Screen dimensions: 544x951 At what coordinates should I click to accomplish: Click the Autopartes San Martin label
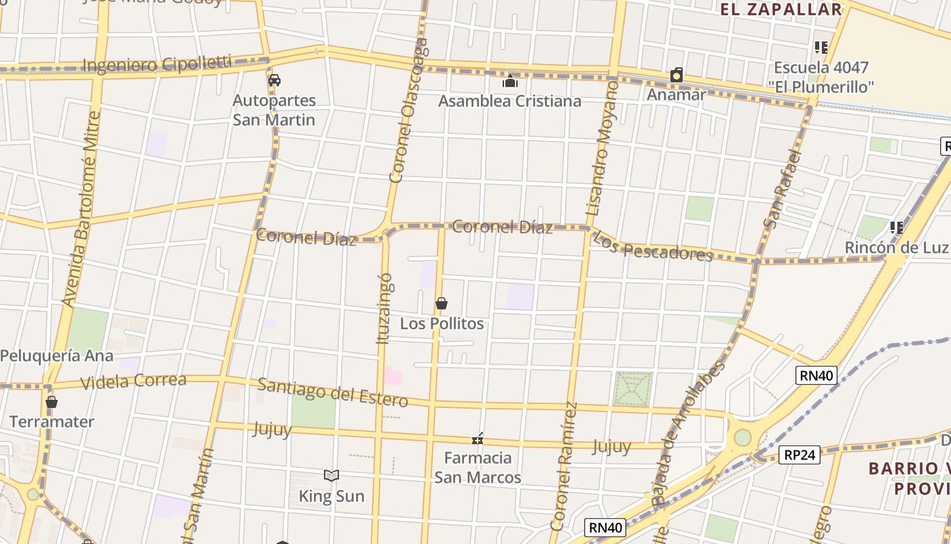point(274,110)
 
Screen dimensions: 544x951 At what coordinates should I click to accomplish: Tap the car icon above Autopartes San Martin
point(274,80)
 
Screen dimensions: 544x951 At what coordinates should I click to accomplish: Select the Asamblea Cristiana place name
point(509,101)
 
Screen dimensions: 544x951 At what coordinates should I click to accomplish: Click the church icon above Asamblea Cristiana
point(510,82)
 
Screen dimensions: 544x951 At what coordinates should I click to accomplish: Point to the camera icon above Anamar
point(677,75)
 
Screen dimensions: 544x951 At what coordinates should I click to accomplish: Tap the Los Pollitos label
point(442,324)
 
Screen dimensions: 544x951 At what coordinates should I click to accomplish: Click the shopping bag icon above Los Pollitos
point(442,303)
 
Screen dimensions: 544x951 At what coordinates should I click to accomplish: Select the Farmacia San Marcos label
point(478,467)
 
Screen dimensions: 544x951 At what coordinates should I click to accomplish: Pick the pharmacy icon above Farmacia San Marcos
point(478,439)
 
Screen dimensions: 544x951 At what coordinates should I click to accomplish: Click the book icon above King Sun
point(331,476)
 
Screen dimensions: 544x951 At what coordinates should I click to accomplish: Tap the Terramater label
point(52,422)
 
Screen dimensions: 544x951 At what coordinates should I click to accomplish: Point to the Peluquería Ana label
point(56,356)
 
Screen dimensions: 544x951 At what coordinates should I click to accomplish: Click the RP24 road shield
point(800,454)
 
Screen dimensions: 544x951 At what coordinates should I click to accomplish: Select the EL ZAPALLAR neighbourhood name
point(780,10)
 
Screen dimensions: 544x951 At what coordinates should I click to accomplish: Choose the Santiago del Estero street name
point(332,392)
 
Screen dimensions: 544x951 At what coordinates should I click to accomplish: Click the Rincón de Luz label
point(895,248)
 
